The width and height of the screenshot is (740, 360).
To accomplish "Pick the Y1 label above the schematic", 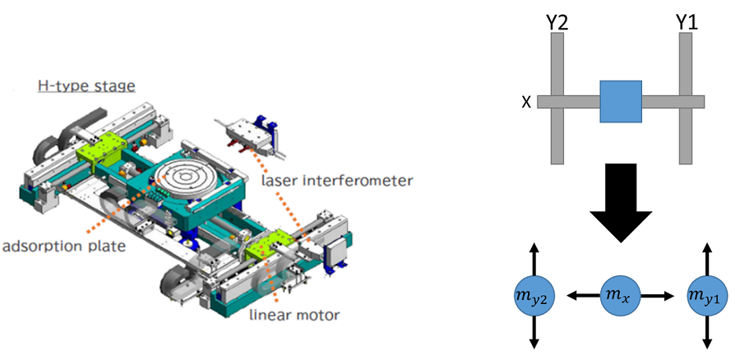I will pyautogui.click(x=687, y=20).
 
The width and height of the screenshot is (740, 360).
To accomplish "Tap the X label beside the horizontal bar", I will pyautogui.click(x=526, y=102).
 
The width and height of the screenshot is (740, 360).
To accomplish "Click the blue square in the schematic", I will pyautogui.click(x=620, y=101).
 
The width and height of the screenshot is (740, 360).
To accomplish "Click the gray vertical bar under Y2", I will pyautogui.click(x=556, y=140).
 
